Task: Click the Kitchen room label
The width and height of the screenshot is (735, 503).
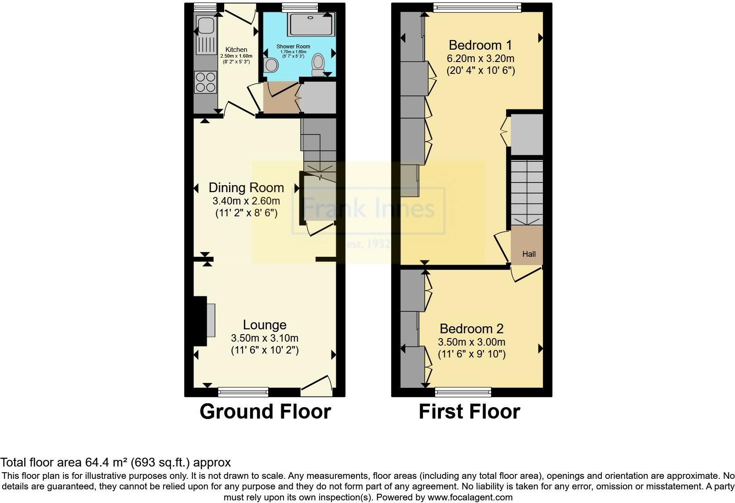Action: [x=236, y=50]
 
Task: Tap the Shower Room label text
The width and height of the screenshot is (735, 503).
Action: [x=293, y=46]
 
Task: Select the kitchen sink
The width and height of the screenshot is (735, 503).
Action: [x=206, y=26]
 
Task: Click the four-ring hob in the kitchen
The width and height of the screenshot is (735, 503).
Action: [x=206, y=82]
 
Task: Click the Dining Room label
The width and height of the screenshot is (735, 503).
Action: [x=246, y=188]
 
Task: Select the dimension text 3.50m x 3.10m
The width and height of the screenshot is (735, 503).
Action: [x=265, y=338]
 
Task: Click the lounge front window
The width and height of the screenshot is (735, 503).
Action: [x=243, y=391]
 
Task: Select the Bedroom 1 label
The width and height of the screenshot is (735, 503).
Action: [x=480, y=45]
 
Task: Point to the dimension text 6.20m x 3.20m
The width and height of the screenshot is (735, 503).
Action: [x=480, y=58]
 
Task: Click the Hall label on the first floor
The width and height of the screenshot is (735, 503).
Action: [x=529, y=254]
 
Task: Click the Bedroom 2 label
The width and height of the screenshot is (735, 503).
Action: [x=471, y=328]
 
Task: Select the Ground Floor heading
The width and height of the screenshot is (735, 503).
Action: [x=265, y=412]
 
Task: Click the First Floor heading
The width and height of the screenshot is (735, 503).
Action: [x=469, y=412]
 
